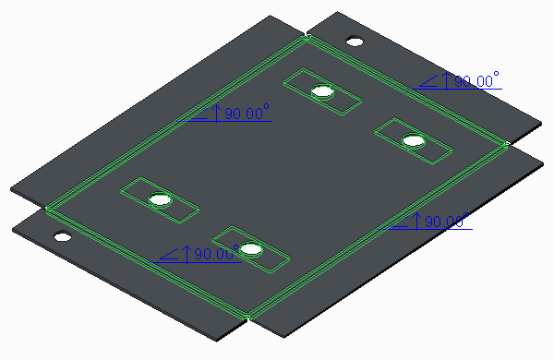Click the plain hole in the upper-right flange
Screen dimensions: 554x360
tap(355, 42)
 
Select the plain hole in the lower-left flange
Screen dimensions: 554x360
tap(63, 236)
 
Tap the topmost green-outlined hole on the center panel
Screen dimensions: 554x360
tap(322, 91)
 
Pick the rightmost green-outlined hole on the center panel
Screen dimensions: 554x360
tap(414, 140)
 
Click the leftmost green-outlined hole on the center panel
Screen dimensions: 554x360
tap(161, 199)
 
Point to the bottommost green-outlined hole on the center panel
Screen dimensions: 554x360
tap(251, 248)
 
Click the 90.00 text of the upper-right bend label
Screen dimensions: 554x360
tap(474, 81)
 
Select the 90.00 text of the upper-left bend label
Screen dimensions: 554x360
tap(244, 114)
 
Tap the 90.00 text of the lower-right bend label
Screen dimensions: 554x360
tap(444, 222)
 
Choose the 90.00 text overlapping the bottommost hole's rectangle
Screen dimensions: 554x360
tap(213, 254)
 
